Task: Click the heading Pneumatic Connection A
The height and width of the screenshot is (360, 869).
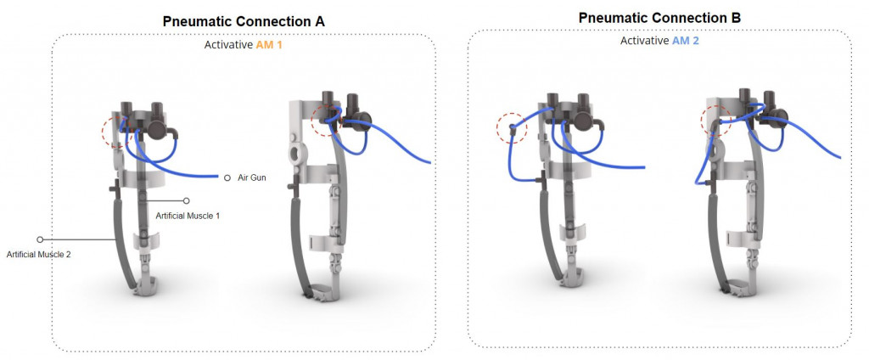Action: click(x=244, y=21)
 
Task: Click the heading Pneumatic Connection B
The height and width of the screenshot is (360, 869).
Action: click(x=659, y=18)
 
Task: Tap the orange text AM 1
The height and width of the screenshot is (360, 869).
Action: click(x=269, y=45)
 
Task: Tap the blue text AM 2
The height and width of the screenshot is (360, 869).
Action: click(x=686, y=41)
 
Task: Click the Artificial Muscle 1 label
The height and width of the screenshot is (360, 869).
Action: click(x=188, y=216)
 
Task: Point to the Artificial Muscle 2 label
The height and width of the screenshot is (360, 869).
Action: click(x=39, y=255)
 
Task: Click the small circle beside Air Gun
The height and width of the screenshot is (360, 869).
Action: click(x=227, y=178)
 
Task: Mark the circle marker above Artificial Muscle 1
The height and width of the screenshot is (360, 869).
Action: click(x=187, y=200)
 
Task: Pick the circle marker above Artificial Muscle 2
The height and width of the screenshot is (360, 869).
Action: click(x=40, y=239)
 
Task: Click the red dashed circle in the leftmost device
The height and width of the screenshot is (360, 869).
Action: click(x=102, y=132)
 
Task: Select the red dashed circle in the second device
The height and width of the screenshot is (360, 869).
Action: click(x=311, y=119)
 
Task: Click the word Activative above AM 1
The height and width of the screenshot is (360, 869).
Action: click(x=229, y=45)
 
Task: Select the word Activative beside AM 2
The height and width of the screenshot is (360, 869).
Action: click(x=645, y=41)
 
